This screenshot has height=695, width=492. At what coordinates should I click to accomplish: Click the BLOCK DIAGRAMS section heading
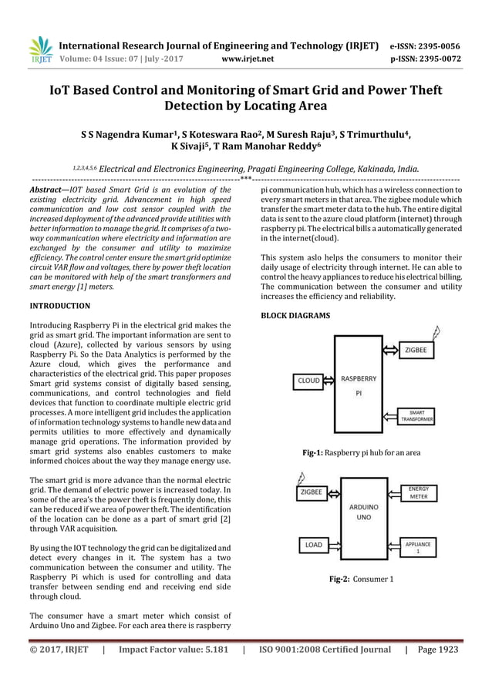point(295,316)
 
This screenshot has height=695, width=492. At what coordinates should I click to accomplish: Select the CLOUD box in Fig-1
point(308,381)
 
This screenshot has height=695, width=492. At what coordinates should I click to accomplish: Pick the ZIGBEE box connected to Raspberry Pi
point(419,350)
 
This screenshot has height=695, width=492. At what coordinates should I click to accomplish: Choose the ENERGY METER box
point(419,492)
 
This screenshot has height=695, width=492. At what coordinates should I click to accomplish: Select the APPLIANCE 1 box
point(419,548)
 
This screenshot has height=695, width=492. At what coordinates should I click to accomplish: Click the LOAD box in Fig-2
point(313,545)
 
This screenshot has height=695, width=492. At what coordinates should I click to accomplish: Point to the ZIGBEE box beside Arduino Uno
point(312,492)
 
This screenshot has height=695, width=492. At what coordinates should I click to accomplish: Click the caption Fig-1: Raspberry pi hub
point(361,453)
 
